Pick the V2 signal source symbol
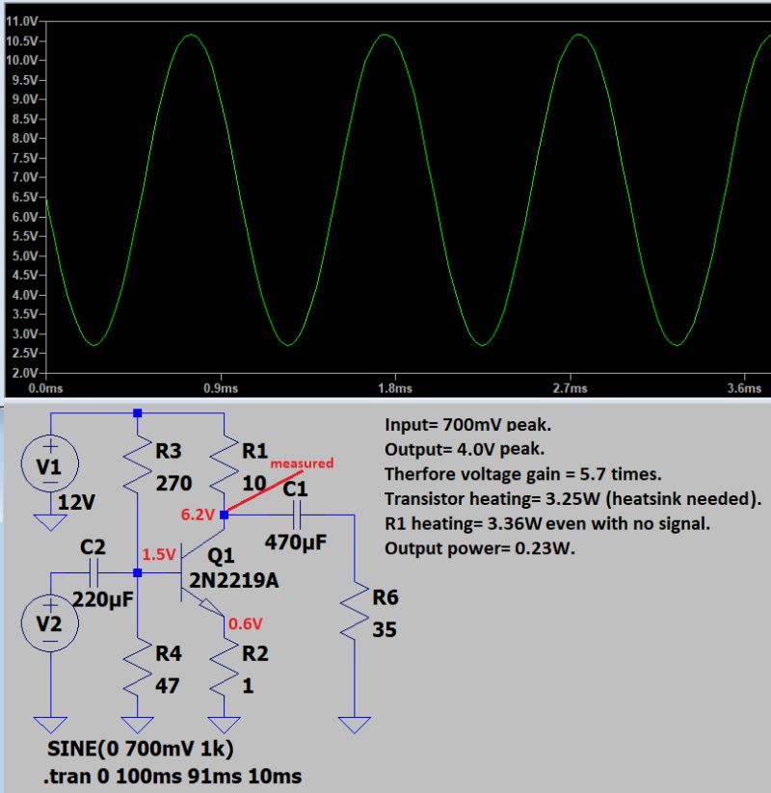[51, 622]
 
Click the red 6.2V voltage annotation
[198, 515]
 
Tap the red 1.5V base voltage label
[159, 556]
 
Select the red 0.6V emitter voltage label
[246, 622]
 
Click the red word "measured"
[302, 463]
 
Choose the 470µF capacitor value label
[296, 543]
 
